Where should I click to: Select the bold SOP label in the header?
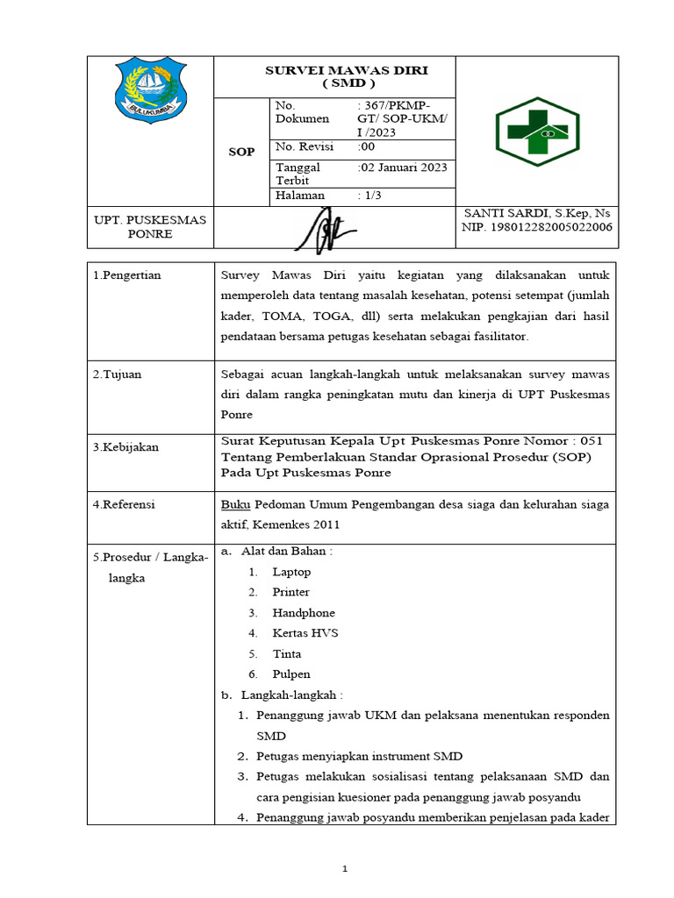241,152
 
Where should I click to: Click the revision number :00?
367,147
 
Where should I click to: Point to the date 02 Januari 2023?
405,167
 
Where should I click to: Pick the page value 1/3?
370,196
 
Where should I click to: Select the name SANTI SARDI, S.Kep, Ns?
537,214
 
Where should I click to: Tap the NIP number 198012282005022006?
537,228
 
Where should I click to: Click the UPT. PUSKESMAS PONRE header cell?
150,227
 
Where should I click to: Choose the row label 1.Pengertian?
127,275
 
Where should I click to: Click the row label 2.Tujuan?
118,374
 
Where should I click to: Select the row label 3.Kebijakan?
125,447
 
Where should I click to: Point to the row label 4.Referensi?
124,504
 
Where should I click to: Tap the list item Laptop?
291,572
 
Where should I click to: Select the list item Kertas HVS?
305,633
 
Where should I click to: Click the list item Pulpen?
290,674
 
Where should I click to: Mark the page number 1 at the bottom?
345,869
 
